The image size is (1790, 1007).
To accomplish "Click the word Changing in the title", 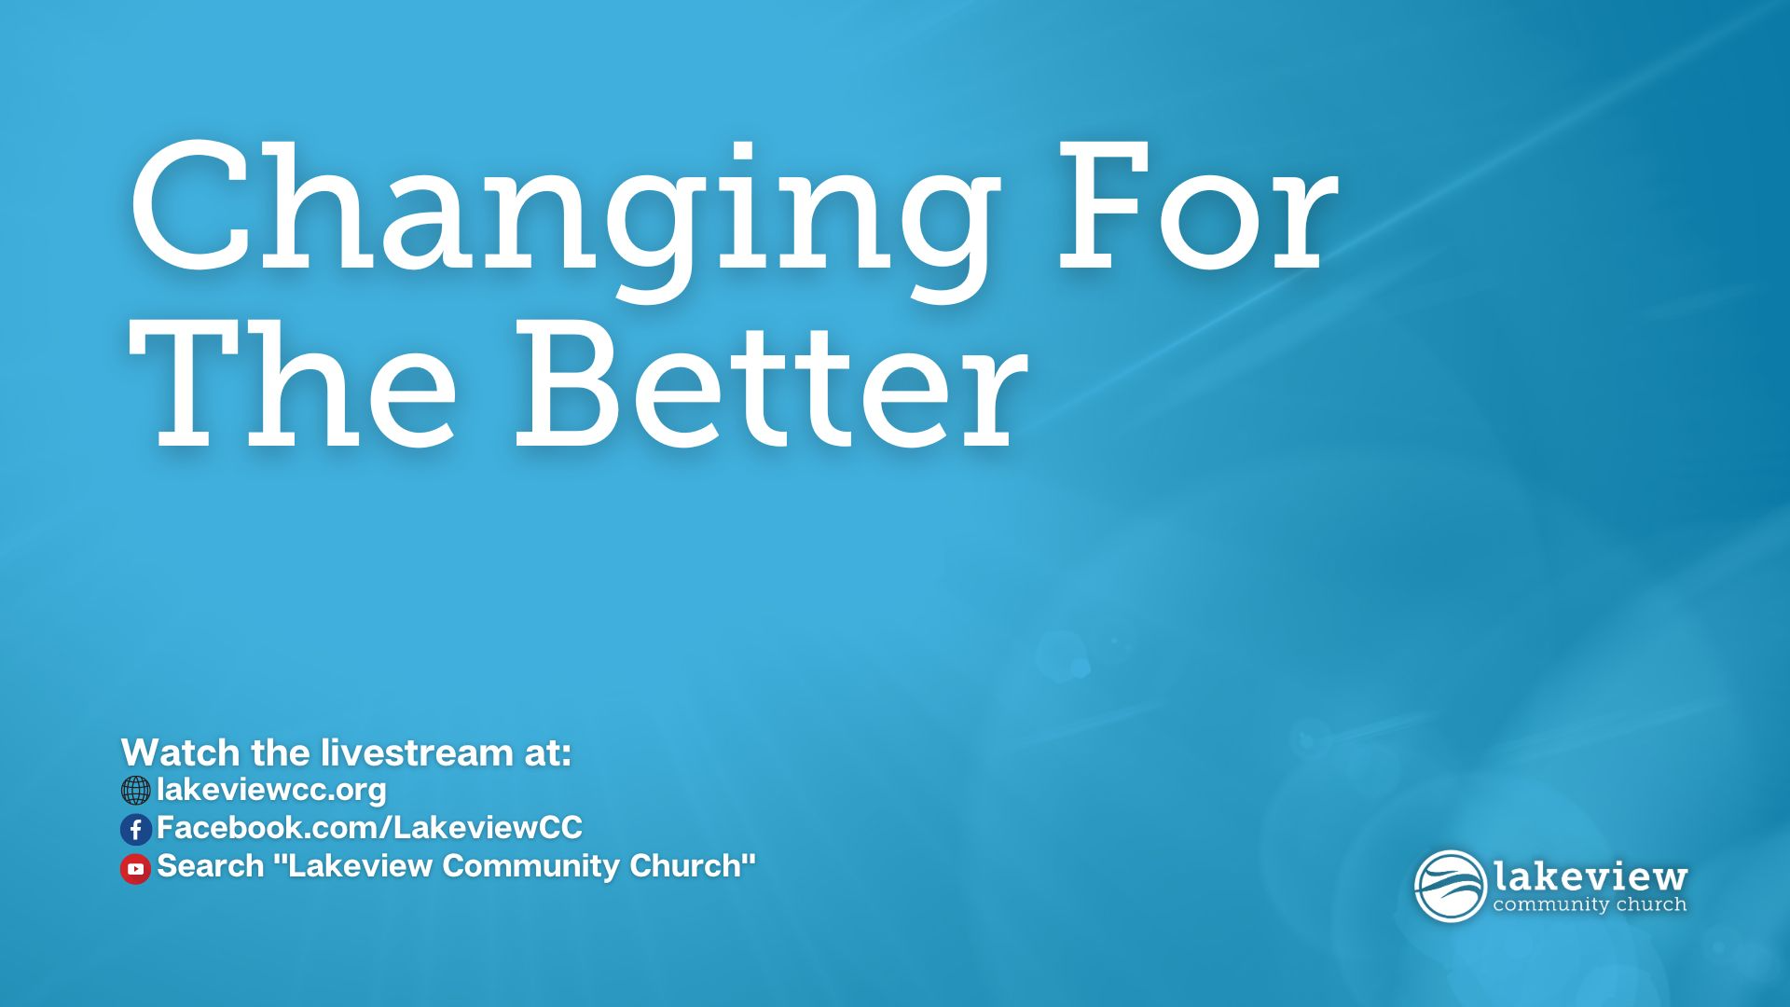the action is (x=563, y=219).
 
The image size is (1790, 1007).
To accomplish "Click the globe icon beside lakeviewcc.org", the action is (x=135, y=791).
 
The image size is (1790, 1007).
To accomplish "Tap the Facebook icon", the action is (x=135, y=829).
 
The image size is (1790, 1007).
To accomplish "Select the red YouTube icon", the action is (x=135, y=868).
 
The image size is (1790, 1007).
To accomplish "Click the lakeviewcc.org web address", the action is (x=271, y=790).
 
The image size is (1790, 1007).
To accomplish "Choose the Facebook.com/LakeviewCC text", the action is (x=369, y=827).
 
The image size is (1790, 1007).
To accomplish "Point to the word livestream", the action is (x=417, y=752).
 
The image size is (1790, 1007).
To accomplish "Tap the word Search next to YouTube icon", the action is (x=211, y=865).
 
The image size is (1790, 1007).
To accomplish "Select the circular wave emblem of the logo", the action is (x=1450, y=886).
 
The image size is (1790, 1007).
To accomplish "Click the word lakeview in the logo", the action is (x=1590, y=876).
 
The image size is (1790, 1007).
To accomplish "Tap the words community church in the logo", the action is (x=1590, y=904).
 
